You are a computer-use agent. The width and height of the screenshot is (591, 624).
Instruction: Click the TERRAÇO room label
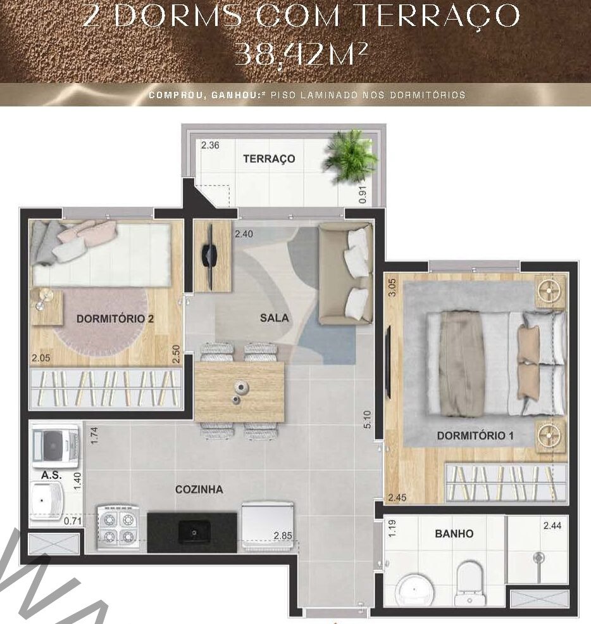(269, 159)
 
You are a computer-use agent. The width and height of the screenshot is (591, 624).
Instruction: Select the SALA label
(274, 317)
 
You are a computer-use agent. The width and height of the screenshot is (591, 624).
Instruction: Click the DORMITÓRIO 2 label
(115, 319)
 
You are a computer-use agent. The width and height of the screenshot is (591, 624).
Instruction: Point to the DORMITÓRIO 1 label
(475, 435)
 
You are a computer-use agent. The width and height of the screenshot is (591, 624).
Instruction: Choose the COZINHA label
(199, 489)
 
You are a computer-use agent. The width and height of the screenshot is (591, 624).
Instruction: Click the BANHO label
(454, 533)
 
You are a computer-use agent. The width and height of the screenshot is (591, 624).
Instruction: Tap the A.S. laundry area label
(51, 474)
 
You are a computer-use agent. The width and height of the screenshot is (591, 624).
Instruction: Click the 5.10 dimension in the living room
(367, 419)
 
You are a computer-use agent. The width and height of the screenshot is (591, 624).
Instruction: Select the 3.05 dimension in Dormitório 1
(392, 288)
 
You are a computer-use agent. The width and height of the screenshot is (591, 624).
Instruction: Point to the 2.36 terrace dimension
(210, 145)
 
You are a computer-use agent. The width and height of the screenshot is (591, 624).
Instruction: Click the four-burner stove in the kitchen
(118, 528)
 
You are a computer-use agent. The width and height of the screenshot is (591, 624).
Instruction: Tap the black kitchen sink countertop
(192, 533)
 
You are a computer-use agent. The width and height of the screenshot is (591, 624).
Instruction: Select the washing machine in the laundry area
(56, 445)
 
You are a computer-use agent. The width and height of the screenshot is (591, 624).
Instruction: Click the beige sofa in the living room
(345, 274)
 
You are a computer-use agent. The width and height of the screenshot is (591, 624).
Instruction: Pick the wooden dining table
(239, 392)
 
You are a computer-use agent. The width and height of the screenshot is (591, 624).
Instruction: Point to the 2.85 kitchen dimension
(283, 536)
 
